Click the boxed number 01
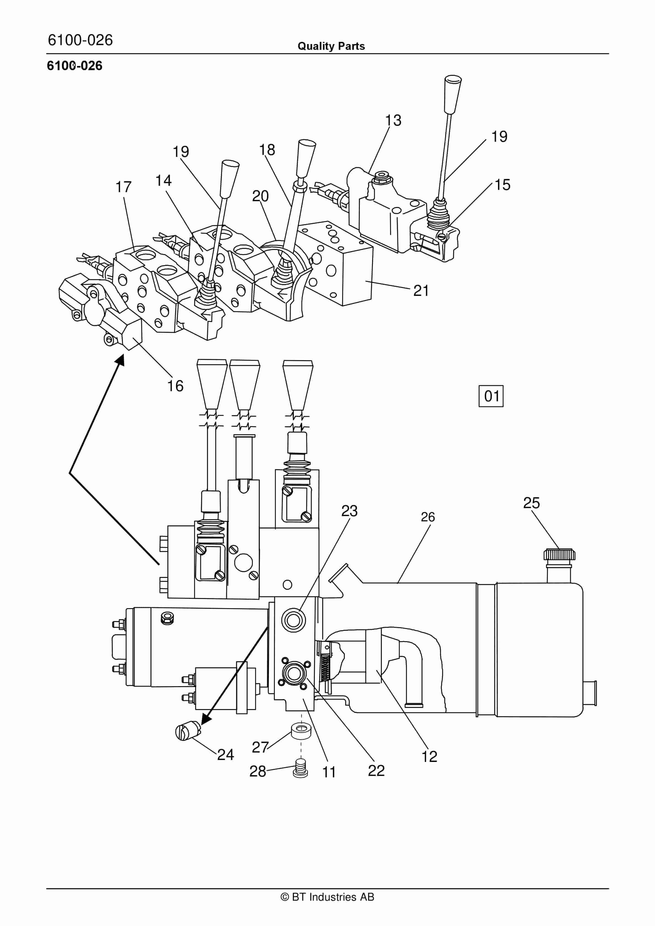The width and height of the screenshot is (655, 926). [x=491, y=396]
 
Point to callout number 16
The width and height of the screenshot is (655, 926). [x=176, y=386]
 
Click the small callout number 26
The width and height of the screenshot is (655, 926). [x=428, y=517]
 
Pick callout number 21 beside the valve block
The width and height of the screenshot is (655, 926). [x=421, y=290]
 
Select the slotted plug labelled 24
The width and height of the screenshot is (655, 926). [x=188, y=731]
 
